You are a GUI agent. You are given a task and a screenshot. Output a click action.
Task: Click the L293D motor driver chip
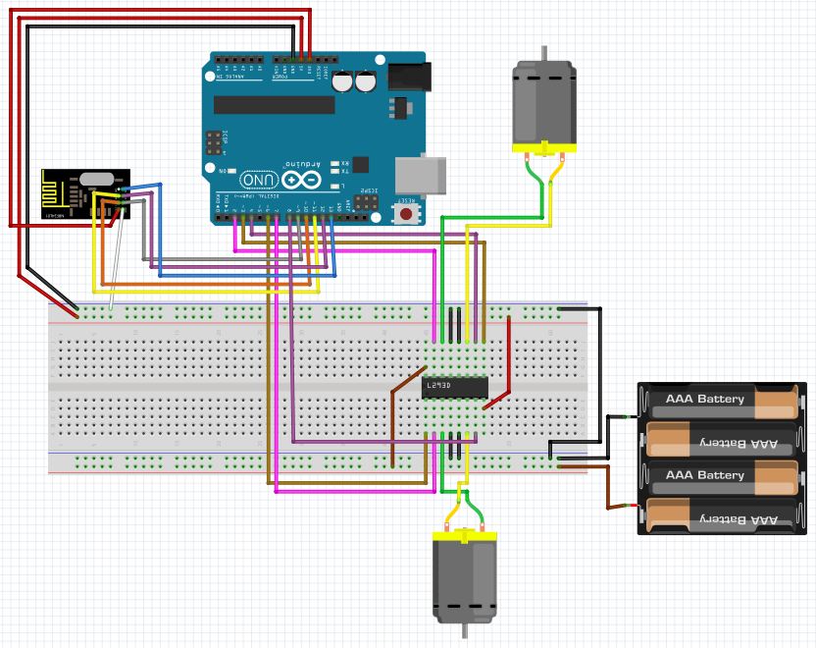click(455, 388)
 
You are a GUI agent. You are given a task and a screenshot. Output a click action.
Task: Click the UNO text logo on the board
click(258, 181)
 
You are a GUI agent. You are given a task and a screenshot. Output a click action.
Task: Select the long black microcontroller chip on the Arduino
click(275, 104)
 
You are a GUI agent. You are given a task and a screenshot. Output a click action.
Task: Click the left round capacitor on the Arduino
click(343, 81)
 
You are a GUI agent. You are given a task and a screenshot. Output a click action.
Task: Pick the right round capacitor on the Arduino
click(366, 81)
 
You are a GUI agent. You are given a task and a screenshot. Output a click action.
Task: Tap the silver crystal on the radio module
click(96, 180)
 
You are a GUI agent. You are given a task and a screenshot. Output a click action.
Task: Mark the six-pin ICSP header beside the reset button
click(366, 202)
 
